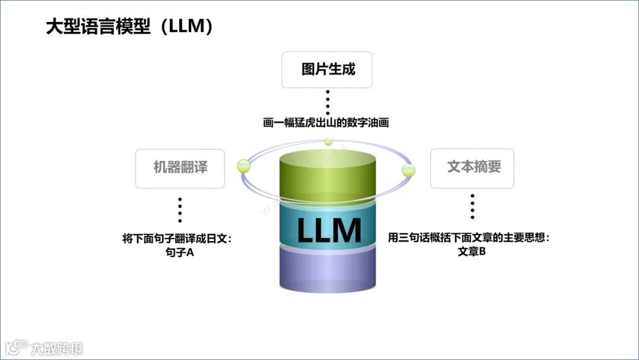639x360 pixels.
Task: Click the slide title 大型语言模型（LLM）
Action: tap(130, 27)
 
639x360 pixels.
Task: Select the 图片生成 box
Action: tap(327, 69)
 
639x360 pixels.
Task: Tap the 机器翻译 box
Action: tap(180, 168)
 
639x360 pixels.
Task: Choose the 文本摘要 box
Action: tap(472, 168)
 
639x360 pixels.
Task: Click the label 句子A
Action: tap(180, 252)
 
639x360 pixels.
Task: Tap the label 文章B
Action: tap(472, 252)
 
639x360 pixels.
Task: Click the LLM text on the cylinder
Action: tap(328, 230)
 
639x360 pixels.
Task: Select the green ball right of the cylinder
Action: tap(408, 171)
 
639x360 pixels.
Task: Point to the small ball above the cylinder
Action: tap(328, 142)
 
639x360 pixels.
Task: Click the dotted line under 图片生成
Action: tap(327, 102)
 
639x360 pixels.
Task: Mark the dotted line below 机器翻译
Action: tap(180, 209)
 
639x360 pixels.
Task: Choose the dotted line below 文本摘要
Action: tap(472, 206)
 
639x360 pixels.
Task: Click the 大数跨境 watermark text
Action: tap(57, 348)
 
